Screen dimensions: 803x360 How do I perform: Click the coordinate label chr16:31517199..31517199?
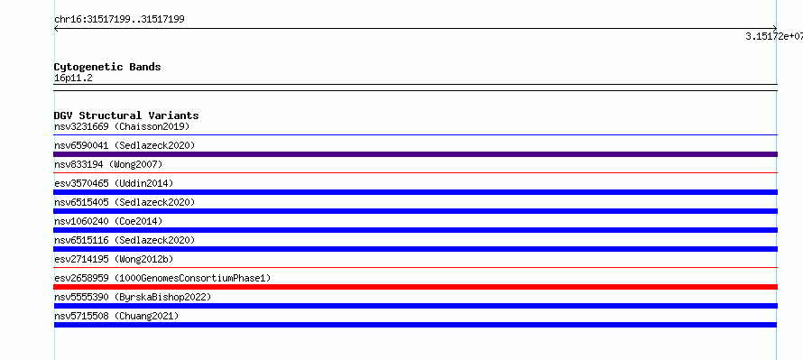click(x=119, y=20)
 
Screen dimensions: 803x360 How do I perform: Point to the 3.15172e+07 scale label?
click(x=774, y=36)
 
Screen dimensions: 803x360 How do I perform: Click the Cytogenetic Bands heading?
click(x=107, y=67)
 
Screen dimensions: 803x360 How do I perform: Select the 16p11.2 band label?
click(x=73, y=78)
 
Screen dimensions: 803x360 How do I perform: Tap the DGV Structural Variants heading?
click(x=126, y=115)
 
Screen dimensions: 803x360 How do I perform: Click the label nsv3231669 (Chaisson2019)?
click(x=122, y=126)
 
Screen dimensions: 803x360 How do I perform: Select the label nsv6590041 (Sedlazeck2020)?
click(x=125, y=145)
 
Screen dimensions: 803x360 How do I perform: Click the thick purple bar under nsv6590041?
click(x=416, y=154)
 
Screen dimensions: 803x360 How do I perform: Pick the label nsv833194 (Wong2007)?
click(x=108, y=164)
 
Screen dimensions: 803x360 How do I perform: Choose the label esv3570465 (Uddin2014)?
click(x=114, y=183)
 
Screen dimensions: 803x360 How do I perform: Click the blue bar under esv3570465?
click(x=416, y=192)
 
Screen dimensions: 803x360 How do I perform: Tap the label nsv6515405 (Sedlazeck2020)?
click(x=125, y=202)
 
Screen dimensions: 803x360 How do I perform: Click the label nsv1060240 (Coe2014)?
click(x=108, y=221)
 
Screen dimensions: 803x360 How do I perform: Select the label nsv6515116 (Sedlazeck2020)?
click(x=125, y=240)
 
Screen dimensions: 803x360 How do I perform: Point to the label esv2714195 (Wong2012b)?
click(x=116, y=259)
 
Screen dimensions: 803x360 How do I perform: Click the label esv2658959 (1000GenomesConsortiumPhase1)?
click(x=162, y=278)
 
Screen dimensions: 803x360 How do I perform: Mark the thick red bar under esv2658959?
click(x=416, y=287)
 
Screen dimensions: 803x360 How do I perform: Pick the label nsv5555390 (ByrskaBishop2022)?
click(x=133, y=297)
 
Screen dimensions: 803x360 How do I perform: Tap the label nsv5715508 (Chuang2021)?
click(x=116, y=316)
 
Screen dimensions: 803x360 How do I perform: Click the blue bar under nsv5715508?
click(x=415, y=325)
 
